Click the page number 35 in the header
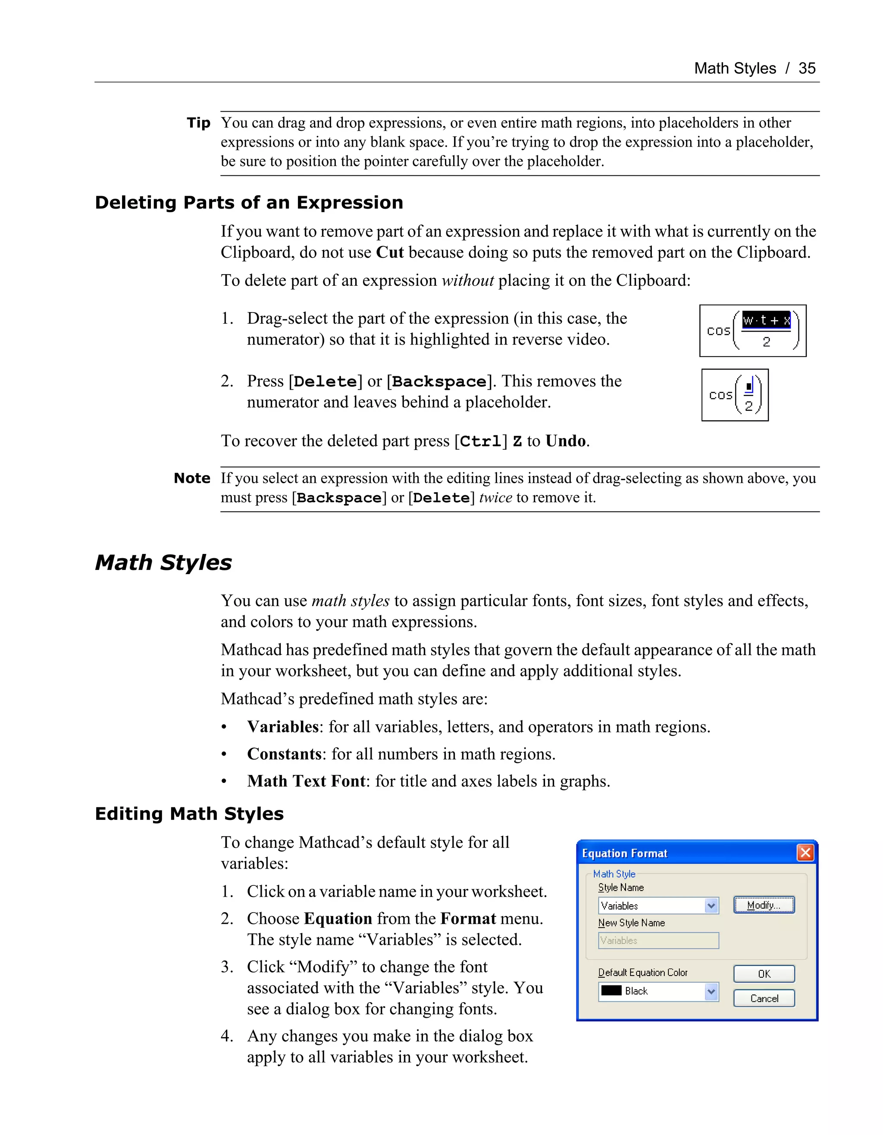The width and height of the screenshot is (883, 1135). point(807,68)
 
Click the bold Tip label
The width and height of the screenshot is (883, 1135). point(198,123)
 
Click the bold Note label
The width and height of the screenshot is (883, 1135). point(192,478)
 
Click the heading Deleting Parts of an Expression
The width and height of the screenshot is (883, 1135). point(249,202)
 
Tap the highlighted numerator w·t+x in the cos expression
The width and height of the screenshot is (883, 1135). point(766,320)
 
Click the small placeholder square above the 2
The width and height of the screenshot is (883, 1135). point(748,387)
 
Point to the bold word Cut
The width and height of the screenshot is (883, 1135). point(389,253)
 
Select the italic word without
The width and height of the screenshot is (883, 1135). point(467,281)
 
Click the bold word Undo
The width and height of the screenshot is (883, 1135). point(565,441)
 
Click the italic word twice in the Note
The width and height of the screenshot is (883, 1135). point(495,498)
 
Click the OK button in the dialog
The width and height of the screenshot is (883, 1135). point(764,974)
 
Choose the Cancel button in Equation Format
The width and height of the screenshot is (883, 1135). point(764,998)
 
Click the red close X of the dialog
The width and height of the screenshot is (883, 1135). point(805,853)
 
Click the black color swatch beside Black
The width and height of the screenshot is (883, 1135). point(611,991)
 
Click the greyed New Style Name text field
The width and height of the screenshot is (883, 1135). point(658,941)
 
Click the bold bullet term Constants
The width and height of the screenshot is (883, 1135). point(284,754)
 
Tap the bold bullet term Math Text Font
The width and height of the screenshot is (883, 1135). point(306,781)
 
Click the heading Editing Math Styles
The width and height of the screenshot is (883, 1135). point(189,813)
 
